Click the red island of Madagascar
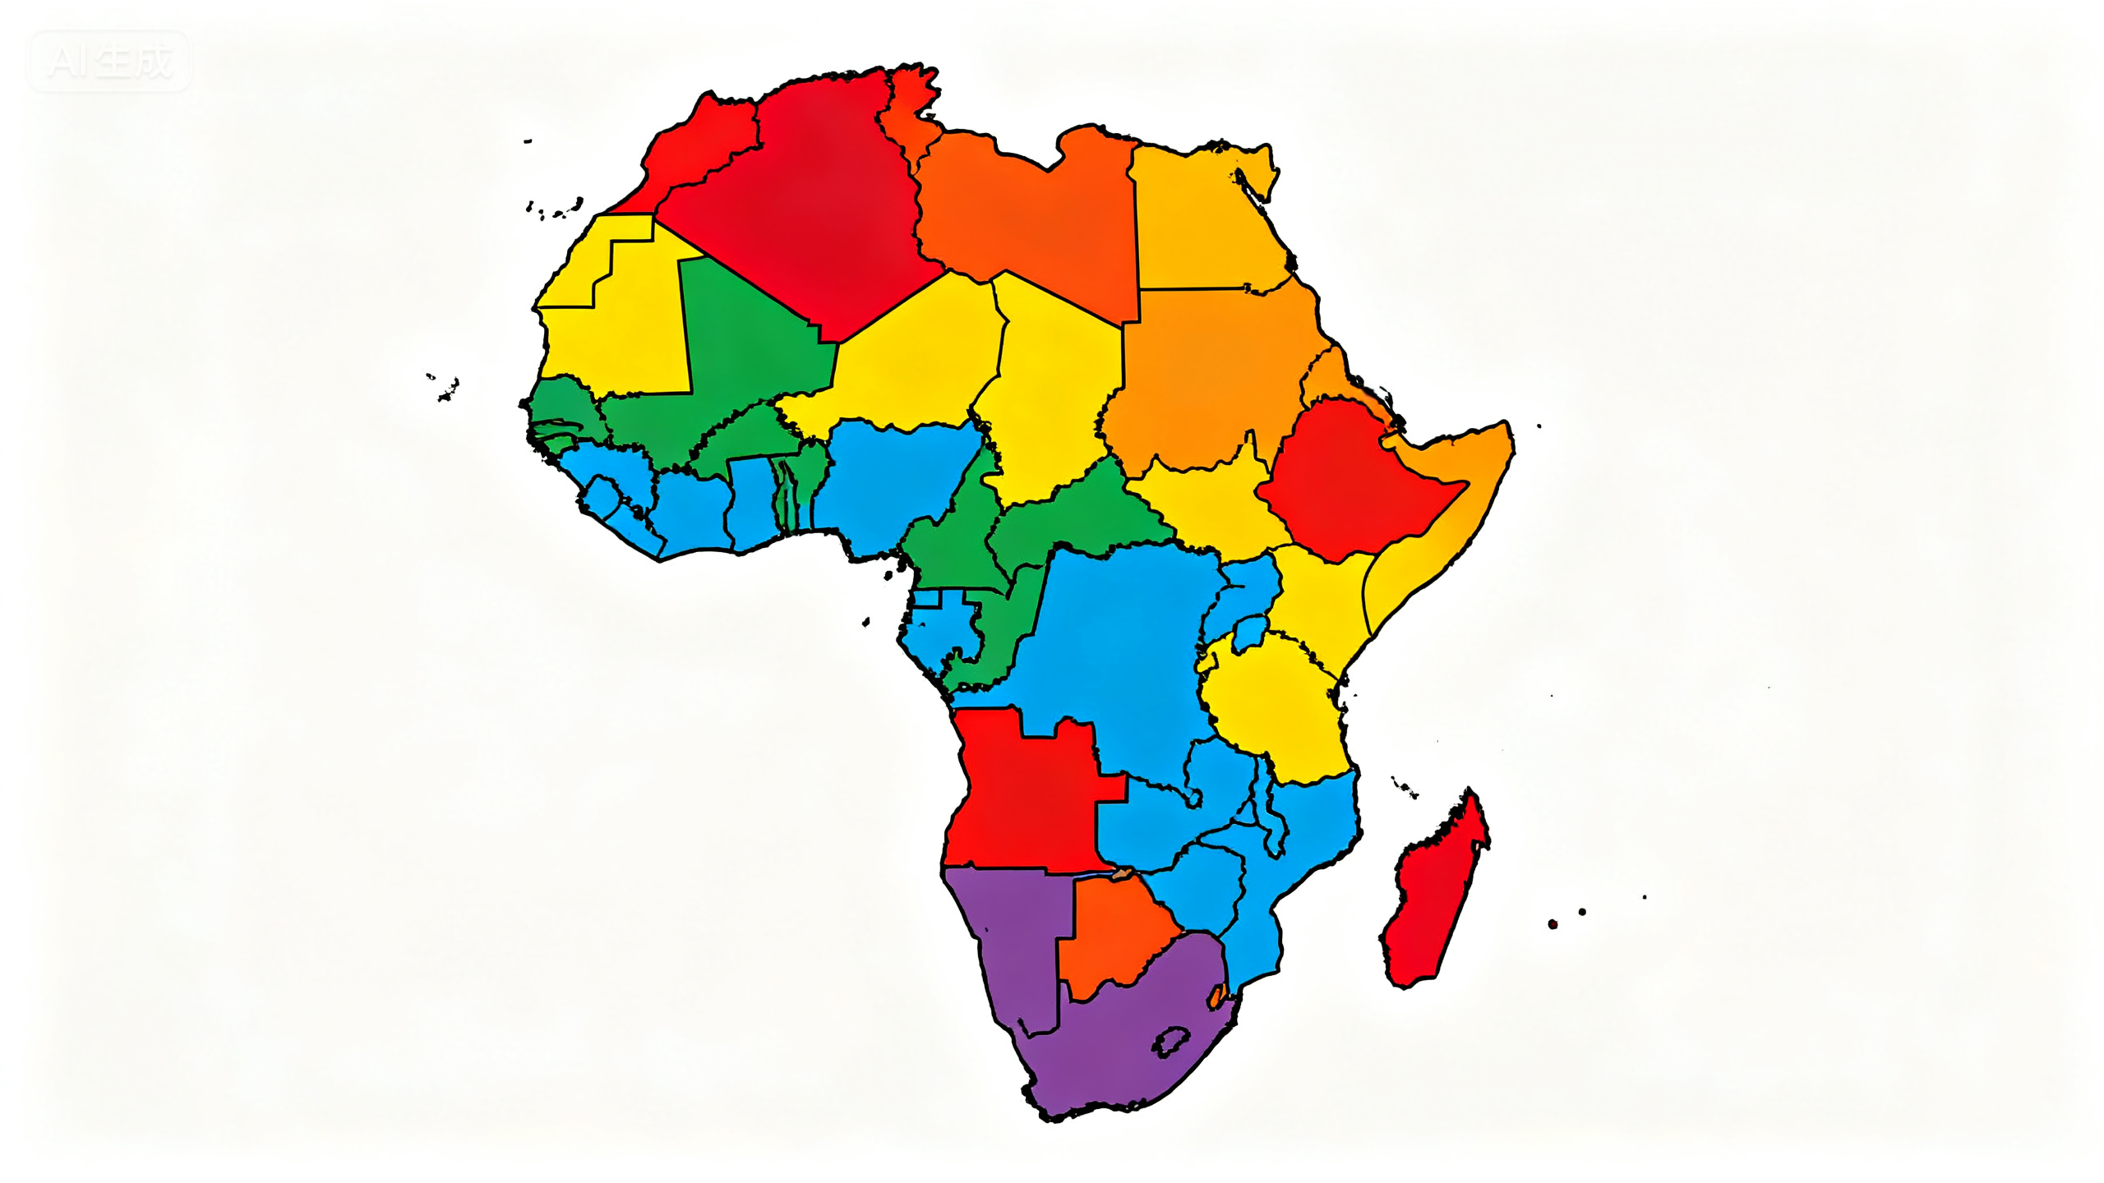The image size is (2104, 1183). coord(1434,895)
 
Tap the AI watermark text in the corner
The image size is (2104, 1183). coord(109,62)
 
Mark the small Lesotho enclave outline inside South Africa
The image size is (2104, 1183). coord(1170,1042)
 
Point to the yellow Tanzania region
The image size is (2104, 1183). coord(1274,707)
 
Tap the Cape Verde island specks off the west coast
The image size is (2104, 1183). coord(445,388)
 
